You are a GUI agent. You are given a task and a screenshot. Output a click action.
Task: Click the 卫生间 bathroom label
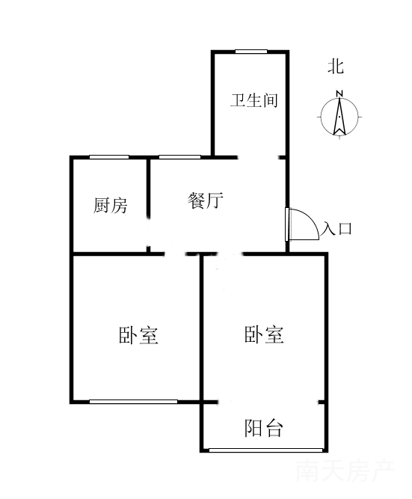click(x=254, y=100)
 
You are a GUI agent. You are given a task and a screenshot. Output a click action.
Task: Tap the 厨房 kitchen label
click(x=111, y=205)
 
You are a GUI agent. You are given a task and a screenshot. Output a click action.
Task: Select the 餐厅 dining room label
click(x=205, y=200)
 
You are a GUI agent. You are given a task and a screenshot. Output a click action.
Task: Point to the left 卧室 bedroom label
click(x=138, y=335)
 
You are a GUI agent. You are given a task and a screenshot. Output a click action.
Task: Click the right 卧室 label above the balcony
click(x=264, y=334)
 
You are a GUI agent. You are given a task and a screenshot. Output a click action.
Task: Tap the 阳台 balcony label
click(x=263, y=428)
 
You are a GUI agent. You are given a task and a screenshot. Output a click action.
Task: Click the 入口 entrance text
click(x=336, y=228)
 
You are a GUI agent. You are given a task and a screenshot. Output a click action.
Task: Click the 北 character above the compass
click(x=336, y=67)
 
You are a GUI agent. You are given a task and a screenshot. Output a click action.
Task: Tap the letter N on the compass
click(x=339, y=94)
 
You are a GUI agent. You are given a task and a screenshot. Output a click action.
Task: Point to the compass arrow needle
click(x=339, y=117)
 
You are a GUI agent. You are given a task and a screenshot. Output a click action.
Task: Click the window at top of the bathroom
click(x=251, y=52)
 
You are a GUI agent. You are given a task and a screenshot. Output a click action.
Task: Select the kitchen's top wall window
click(x=109, y=157)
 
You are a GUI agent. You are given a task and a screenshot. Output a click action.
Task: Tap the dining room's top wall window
click(x=179, y=157)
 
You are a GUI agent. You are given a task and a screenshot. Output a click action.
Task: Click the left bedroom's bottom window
click(x=133, y=402)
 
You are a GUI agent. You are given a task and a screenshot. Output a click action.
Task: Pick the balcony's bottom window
click(x=265, y=450)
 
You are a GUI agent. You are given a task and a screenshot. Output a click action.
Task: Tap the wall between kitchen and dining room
click(x=148, y=188)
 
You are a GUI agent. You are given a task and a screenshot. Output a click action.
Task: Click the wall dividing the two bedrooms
click(x=202, y=328)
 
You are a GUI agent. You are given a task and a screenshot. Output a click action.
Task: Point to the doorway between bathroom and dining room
click(x=258, y=157)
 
